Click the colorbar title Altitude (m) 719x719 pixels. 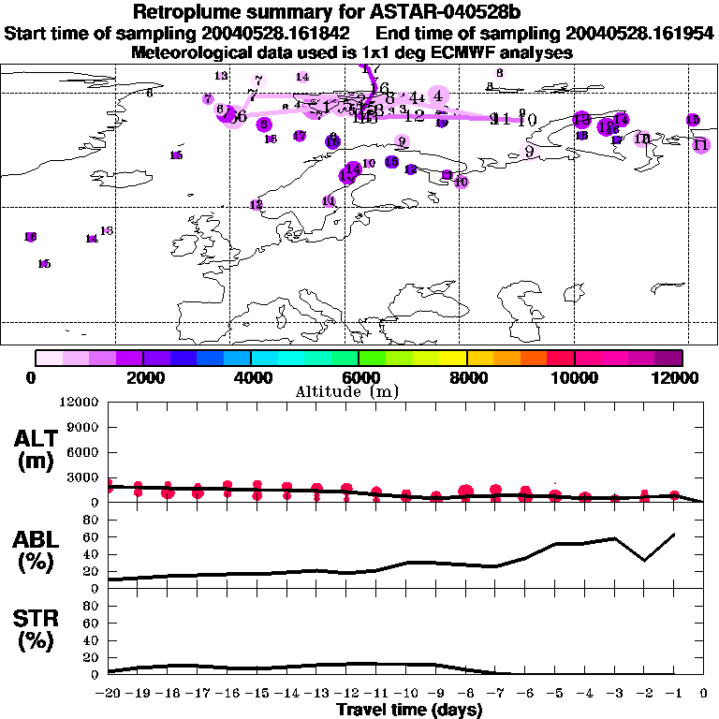359,391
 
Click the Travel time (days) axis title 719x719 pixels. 409,711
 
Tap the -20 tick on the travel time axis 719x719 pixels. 109,694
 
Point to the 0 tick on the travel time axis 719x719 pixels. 704,694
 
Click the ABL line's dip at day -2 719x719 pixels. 644,561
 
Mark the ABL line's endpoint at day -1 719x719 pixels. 674,534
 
